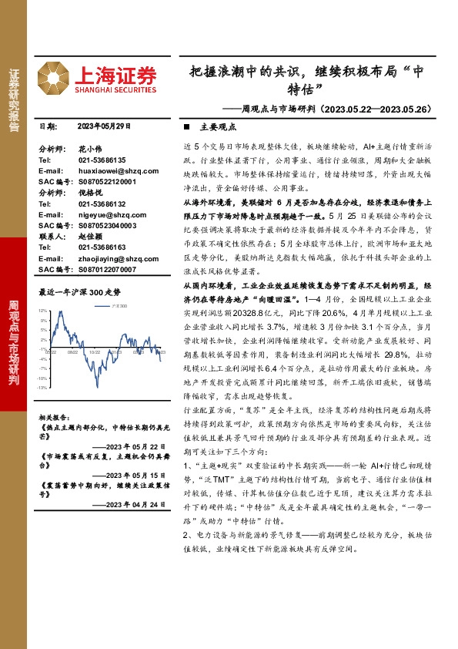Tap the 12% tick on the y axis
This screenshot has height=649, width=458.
coord(43,310)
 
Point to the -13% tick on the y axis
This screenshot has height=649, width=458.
coord(42,388)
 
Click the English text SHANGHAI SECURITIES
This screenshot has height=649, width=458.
coord(115,89)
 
